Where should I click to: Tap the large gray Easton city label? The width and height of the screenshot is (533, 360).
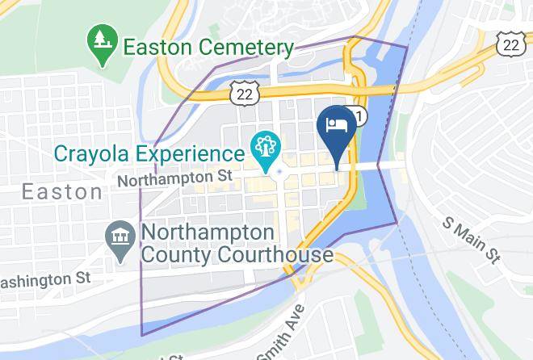(x=61, y=192)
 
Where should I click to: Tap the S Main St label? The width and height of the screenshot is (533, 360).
(x=469, y=240)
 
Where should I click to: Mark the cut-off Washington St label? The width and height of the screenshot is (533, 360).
(x=44, y=278)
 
